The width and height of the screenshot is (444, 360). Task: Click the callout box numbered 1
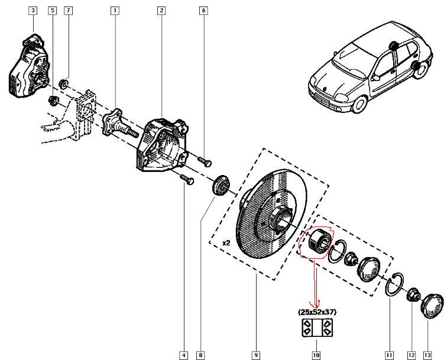click(x=114, y=11)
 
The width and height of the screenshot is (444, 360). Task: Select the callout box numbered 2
click(x=161, y=11)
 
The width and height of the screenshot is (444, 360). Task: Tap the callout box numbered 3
click(x=33, y=11)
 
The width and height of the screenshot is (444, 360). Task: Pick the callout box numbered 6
click(x=203, y=11)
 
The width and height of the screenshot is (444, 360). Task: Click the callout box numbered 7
click(x=68, y=11)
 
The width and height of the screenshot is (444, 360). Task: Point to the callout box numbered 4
click(x=184, y=355)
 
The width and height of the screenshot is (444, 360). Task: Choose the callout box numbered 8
click(x=200, y=355)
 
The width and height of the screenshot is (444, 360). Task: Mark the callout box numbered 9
click(x=256, y=355)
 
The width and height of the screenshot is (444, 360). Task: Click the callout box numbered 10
click(x=316, y=355)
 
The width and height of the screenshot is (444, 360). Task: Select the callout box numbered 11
click(x=389, y=355)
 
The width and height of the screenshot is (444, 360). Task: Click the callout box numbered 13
click(x=427, y=355)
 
